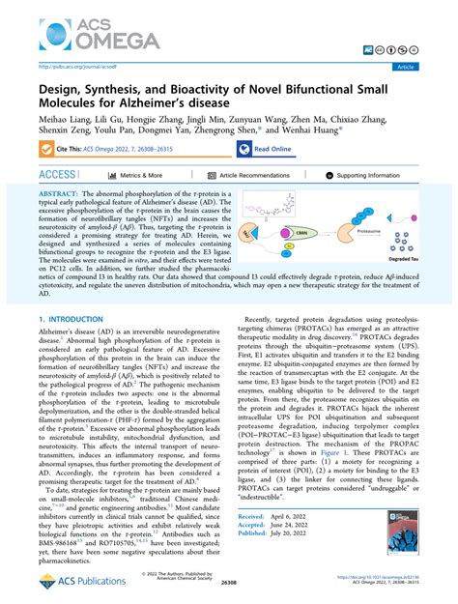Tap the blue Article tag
[430, 66]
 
